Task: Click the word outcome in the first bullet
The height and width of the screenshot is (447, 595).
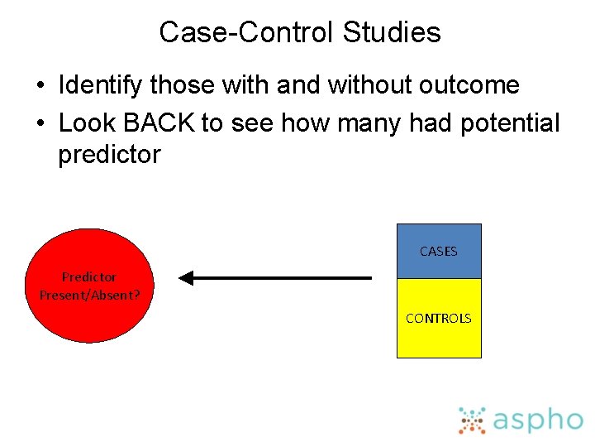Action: (x=469, y=84)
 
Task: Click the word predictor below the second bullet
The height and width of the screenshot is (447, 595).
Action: (x=109, y=155)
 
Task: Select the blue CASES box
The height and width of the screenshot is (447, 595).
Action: (x=439, y=251)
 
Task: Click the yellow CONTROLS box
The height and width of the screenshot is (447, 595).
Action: (x=439, y=318)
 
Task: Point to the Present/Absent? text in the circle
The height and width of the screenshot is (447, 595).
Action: (x=90, y=293)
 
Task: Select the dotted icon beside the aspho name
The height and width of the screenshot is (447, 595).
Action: (x=472, y=421)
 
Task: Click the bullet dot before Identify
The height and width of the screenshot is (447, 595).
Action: (x=40, y=85)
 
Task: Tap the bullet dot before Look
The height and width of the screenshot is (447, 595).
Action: (x=40, y=123)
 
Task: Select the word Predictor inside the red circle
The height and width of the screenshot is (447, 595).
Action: (x=89, y=277)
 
